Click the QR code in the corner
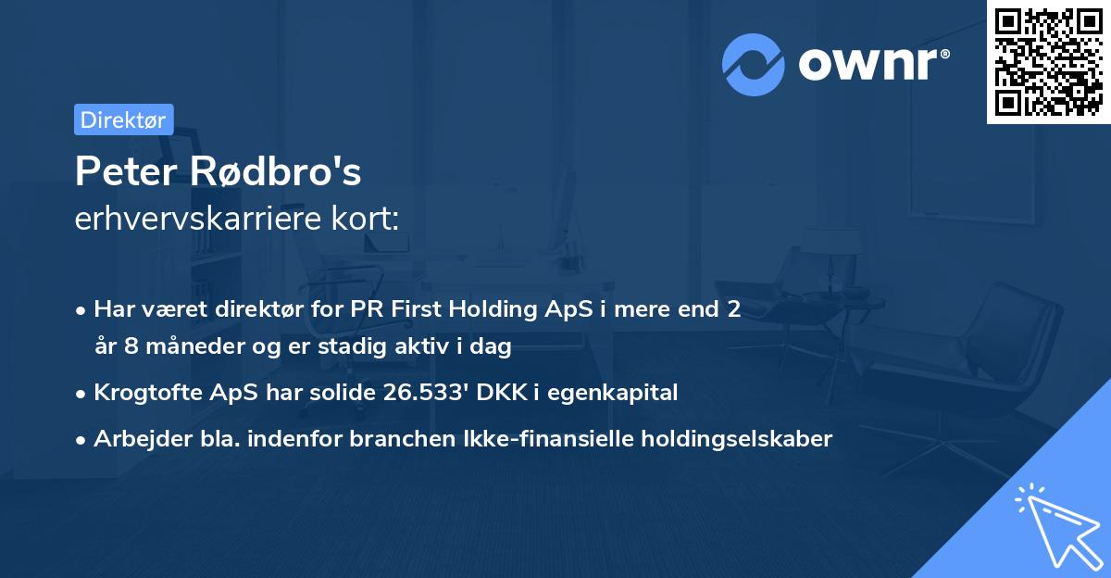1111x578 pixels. pyautogui.click(x=1049, y=62)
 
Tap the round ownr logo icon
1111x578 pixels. pyautogui.click(x=754, y=64)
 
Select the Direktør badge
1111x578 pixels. pyautogui.click(x=123, y=119)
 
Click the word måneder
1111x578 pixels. pyautogui.click(x=195, y=347)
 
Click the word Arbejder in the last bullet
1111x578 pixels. pyautogui.click(x=134, y=438)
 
